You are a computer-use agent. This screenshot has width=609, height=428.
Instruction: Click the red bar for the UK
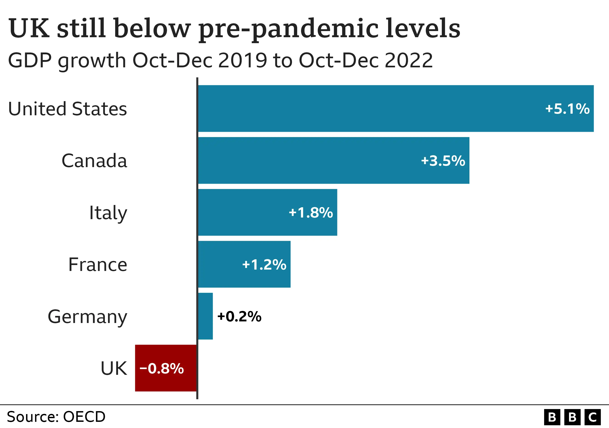tap(166, 368)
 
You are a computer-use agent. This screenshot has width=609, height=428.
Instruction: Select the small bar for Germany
tap(205, 316)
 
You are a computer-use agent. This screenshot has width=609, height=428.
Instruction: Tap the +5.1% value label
tap(567, 109)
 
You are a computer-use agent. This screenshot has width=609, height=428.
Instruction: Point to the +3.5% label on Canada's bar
tap(443, 161)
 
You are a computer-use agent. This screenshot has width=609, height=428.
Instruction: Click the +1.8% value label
tap(311, 213)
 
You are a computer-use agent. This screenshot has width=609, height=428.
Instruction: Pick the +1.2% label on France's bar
tap(264, 265)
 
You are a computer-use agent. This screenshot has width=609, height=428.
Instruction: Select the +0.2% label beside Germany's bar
tap(239, 316)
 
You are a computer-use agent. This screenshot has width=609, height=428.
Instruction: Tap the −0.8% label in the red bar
tap(162, 368)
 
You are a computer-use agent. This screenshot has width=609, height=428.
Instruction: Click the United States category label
tap(68, 109)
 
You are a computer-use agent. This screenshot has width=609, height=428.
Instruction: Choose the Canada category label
tap(94, 161)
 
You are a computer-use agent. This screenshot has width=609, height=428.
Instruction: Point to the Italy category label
tap(108, 213)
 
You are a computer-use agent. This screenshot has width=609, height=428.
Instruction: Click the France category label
tap(98, 265)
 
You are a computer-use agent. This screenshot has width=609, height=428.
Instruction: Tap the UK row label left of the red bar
tap(114, 368)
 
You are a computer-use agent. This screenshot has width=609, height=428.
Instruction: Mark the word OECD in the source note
tap(84, 417)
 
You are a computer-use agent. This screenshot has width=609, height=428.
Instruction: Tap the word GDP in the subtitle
tap(30, 60)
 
